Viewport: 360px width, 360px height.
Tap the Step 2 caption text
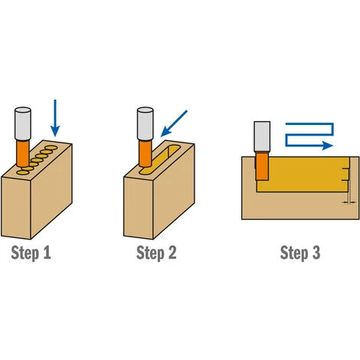click(156, 252)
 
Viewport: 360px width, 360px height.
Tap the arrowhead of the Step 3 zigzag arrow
click(328, 144)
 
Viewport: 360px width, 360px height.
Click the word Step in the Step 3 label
click(293, 252)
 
